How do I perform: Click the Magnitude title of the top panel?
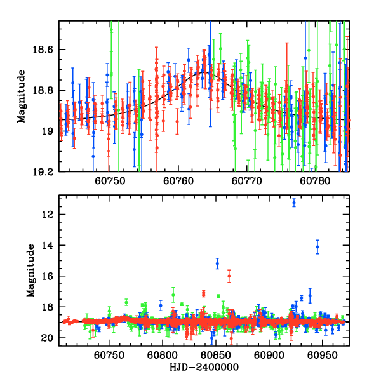click(22, 97)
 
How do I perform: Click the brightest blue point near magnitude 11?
click(294, 203)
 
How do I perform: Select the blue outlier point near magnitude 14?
click(317, 246)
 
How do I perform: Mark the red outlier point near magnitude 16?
click(229, 276)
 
